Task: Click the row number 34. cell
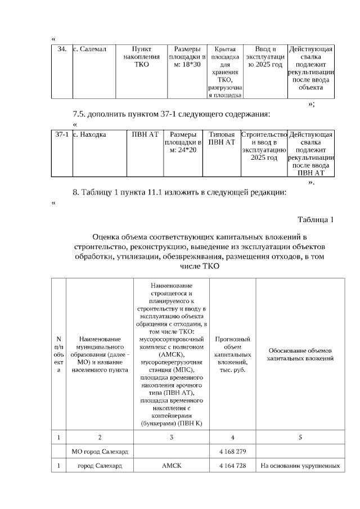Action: [x=62, y=49]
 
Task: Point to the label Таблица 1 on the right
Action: [x=315, y=219]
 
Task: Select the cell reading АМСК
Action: [x=172, y=466]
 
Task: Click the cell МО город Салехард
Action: [x=100, y=451]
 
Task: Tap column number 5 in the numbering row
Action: [x=300, y=436]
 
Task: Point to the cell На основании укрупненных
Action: [x=300, y=466]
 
